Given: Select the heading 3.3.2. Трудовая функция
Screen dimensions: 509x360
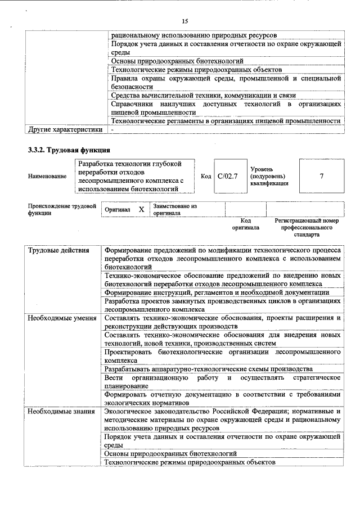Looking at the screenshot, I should click(x=69, y=150).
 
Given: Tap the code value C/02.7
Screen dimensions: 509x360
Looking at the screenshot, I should click(x=228, y=176).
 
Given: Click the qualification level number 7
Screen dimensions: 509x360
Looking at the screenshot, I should click(x=321, y=176).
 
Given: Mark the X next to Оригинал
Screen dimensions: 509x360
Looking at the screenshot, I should click(x=141, y=209).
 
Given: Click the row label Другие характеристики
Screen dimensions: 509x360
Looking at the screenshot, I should click(x=65, y=130).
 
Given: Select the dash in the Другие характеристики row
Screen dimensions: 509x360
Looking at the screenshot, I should click(x=112, y=130).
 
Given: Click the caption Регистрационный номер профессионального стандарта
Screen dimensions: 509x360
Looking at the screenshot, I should click(x=307, y=227).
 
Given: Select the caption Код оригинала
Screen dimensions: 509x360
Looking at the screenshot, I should click(x=245, y=224).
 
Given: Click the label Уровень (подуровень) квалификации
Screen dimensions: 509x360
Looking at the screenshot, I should click(x=270, y=176).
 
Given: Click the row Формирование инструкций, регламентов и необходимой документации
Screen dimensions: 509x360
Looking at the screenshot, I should click(x=217, y=292).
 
